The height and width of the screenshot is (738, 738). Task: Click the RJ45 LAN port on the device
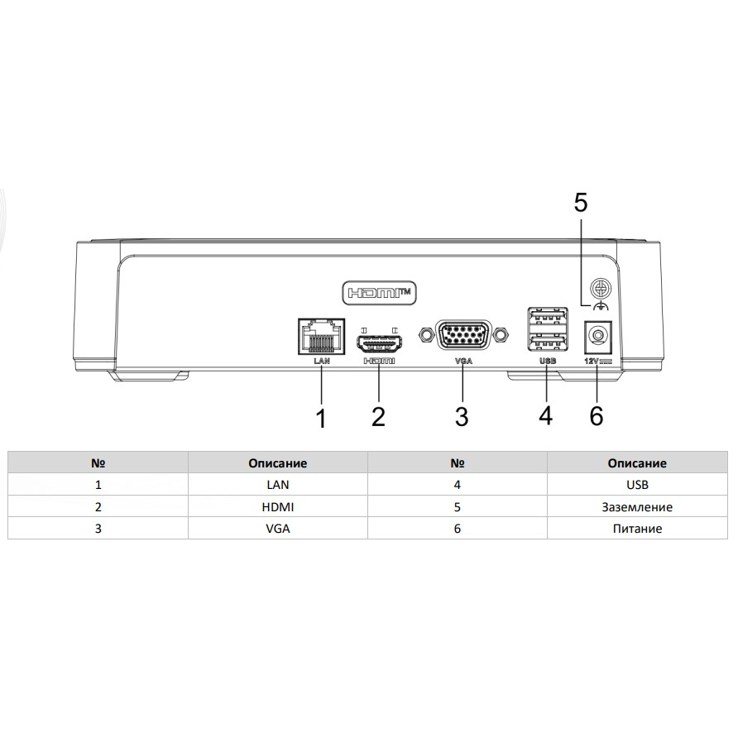coord(322,336)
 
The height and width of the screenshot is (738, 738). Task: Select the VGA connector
coord(463,334)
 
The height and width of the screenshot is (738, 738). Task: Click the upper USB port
coord(548,316)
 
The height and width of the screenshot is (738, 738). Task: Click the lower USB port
coord(548,343)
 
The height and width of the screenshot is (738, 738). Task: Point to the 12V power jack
coord(597,337)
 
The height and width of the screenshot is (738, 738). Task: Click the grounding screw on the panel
coord(601,289)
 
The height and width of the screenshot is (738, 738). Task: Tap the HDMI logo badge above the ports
coord(380,293)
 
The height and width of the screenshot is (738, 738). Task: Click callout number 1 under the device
coord(322,418)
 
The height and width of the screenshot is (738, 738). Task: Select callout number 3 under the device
coord(462,416)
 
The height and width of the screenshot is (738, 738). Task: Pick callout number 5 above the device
coord(581,203)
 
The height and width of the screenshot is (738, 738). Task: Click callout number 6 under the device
coord(597,416)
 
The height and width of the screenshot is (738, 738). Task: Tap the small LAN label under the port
coord(322,361)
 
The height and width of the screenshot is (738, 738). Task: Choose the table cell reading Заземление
coord(637,507)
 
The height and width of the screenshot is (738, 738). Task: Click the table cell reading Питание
coord(637,529)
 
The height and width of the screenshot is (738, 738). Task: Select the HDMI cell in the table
coord(278,507)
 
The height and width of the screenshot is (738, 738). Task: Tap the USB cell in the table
coord(637,485)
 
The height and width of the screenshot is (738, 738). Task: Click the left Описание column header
coord(278,463)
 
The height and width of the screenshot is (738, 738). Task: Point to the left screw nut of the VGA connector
coord(426,334)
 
